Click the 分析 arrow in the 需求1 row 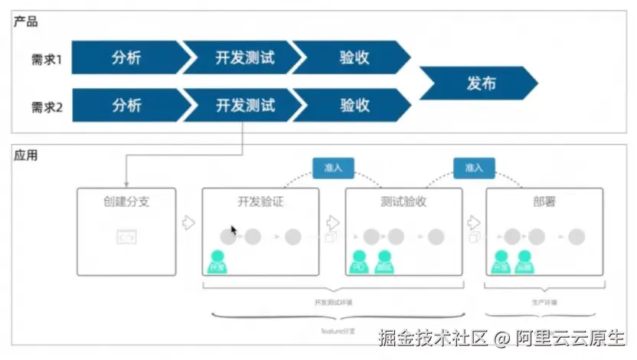click(127, 57)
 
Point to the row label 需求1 click(46, 58)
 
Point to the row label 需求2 click(46, 106)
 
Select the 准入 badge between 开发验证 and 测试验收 click(333, 168)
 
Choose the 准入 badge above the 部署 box click(474, 168)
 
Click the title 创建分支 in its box click(127, 203)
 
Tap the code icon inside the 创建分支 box click(126, 237)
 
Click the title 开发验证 click(261, 203)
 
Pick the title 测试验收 click(403, 203)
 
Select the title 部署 click(544, 203)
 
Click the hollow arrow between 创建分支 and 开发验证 click(188, 223)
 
